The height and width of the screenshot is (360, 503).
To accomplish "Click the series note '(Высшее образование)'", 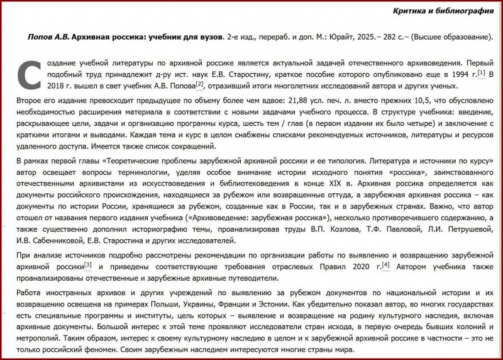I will click(x=449, y=38).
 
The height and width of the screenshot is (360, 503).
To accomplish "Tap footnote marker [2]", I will click(x=199, y=84).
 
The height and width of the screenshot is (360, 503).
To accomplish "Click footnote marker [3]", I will click(x=88, y=265).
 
